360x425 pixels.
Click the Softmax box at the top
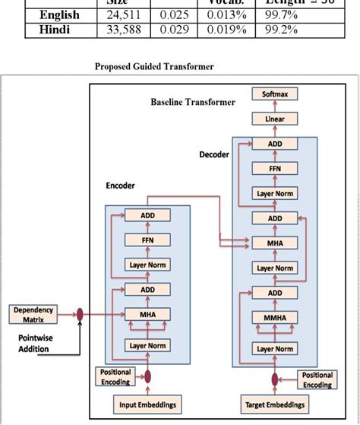[x=275, y=94]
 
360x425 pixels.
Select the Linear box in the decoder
[x=275, y=119]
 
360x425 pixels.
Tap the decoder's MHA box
[x=275, y=243]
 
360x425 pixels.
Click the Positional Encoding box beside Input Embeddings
[x=115, y=376]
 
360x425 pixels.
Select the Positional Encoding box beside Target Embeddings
[x=317, y=379]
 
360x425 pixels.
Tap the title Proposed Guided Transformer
[x=154, y=66]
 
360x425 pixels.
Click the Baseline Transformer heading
[x=187, y=102]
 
